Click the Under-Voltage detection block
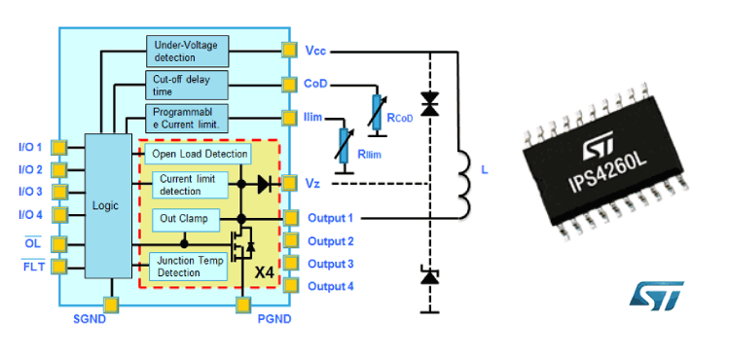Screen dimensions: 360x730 (x=187, y=50)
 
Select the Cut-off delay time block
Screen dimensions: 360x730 (x=187, y=85)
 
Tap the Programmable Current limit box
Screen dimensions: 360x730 (x=187, y=119)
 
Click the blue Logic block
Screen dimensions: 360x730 (x=104, y=206)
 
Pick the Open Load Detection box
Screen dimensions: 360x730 (x=200, y=154)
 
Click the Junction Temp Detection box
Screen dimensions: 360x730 (x=189, y=266)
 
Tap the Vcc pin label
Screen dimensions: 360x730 (x=316, y=50)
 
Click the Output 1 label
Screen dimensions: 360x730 (x=330, y=218)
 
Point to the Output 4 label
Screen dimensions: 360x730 (x=330, y=286)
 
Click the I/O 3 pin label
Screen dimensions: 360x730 (x=30, y=192)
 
